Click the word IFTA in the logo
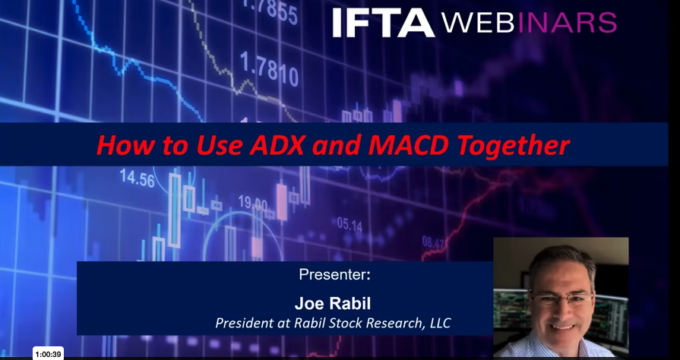click(x=384, y=23)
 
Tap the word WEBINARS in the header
click(x=529, y=23)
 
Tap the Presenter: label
click(x=334, y=274)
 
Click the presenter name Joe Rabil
click(x=333, y=303)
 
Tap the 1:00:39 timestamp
click(x=48, y=354)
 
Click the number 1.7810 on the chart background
click(x=269, y=68)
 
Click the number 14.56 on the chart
click(x=137, y=178)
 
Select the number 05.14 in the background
click(x=349, y=224)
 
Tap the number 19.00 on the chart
click(x=253, y=203)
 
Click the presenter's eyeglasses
click(x=562, y=298)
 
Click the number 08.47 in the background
click(x=433, y=243)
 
